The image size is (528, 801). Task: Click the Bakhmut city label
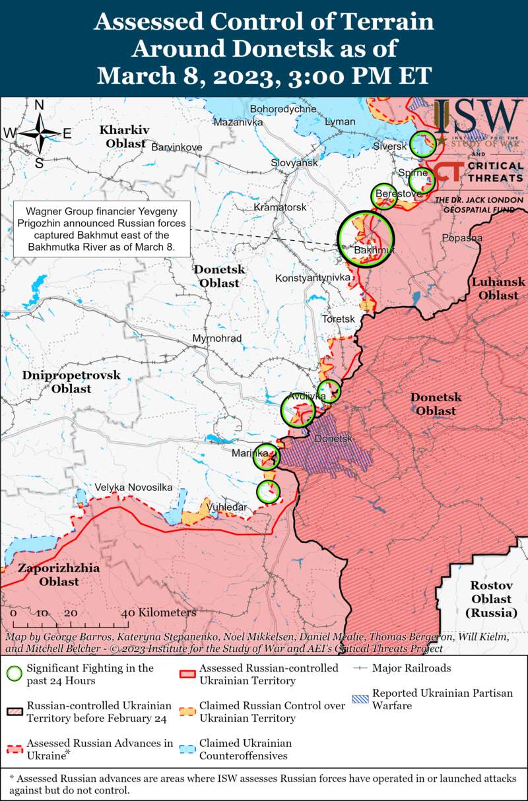tap(374, 251)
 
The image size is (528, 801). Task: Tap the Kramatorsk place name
tap(280, 207)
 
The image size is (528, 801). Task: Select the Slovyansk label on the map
tap(294, 162)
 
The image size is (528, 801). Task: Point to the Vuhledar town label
tap(227, 507)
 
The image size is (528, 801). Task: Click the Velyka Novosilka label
tap(133, 488)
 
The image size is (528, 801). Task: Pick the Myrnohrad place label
tap(216, 338)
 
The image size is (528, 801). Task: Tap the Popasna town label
tap(462, 238)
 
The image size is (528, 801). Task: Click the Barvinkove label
tap(176, 147)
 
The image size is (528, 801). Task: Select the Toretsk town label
tap(338, 319)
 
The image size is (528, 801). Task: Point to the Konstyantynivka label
tap(312, 278)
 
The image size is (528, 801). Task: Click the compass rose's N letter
tap(39, 106)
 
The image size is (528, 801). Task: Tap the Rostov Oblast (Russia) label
tap(491, 599)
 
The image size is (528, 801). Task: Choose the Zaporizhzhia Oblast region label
tap(59, 575)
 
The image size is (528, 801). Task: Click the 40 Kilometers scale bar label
tap(158, 613)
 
